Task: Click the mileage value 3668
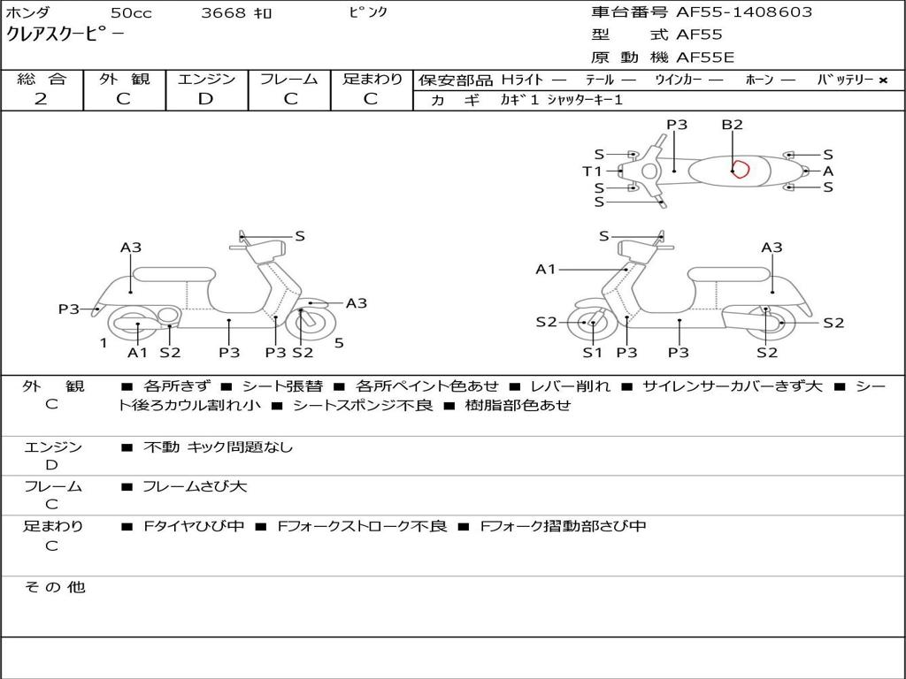224,13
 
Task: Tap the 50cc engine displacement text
131,13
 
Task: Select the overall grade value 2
41,99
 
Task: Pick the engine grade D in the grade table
205,99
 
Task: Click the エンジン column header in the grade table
206,79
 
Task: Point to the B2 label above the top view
732,125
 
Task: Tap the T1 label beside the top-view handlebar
592,172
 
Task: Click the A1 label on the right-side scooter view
545,269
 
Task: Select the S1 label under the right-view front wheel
592,353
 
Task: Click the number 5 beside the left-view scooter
339,343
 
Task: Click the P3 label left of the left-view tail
69,309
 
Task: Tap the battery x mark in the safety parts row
882,80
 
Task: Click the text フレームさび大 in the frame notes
195,486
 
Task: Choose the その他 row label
54,587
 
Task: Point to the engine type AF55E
705,57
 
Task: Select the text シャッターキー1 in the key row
585,100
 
